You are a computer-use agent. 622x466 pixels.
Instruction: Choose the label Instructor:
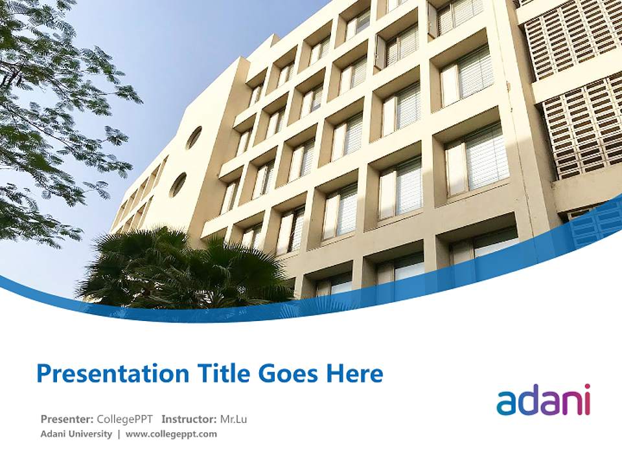tap(189, 419)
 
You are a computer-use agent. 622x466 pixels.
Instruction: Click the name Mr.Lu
tap(233, 419)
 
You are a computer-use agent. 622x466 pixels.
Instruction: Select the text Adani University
tap(76, 434)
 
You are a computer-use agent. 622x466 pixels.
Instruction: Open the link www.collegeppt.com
tap(171, 434)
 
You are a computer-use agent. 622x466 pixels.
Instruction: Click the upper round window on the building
tap(194, 138)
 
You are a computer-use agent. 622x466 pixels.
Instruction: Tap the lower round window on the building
tap(178, 185)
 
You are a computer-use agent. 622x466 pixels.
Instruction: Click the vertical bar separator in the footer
tap(119, 434)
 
